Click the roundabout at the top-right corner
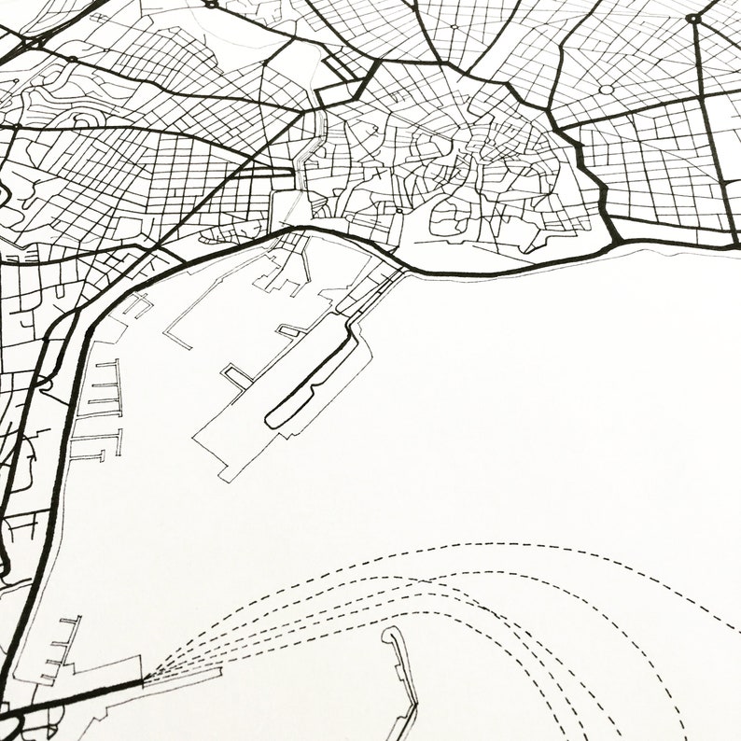[692, 18]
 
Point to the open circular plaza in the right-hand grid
[607, 90]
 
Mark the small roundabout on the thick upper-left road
[72, 59]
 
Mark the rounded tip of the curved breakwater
[388, 632]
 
